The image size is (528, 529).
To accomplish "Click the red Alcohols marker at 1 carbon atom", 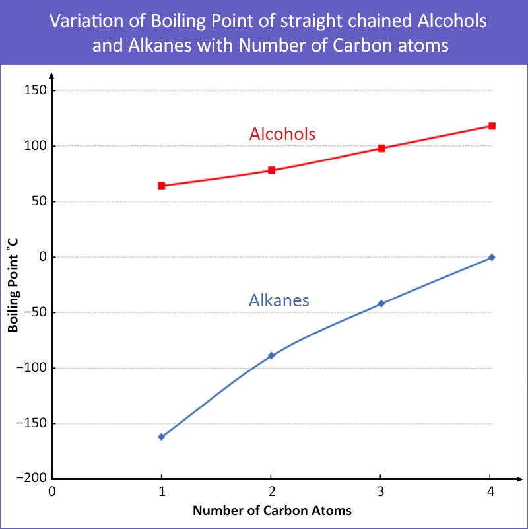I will [161, 186].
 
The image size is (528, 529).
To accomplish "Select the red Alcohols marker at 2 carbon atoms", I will [271, 170].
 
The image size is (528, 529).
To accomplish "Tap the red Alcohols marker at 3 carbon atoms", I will [381, 148].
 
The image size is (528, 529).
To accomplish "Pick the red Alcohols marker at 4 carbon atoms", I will [492, 126].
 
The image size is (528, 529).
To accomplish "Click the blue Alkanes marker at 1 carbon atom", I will [161, 437].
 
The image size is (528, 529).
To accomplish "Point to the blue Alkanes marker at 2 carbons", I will [271, 355].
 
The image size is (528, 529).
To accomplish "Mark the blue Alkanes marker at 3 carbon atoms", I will [381, 304].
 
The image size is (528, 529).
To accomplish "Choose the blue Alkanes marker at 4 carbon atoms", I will [492, 257].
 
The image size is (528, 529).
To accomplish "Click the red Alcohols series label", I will [282, 134].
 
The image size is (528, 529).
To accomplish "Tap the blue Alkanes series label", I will [279, 300].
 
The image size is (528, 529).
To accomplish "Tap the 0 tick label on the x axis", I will [51, 492].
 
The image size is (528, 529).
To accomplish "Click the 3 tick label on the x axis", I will [381, 492].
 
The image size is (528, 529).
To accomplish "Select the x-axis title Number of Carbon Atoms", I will [272, 511].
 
